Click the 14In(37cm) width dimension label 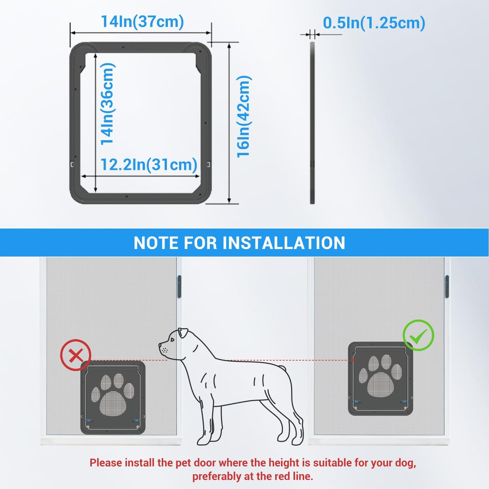click(x=142, y=22)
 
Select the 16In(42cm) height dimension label click(x=244, y=116)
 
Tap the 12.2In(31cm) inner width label click(x=149, y=165)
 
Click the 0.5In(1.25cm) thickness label click(x=374, y=23)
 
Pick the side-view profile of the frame click(x=312, y=123)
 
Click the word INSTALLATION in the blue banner click(x=284, y=243)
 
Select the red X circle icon click(x=76, y=355)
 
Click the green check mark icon click(x=419, y=335)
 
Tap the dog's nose click(x=160, y=345)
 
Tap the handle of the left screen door click(x=179, y=287)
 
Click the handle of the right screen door click(x=447, y=286)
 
